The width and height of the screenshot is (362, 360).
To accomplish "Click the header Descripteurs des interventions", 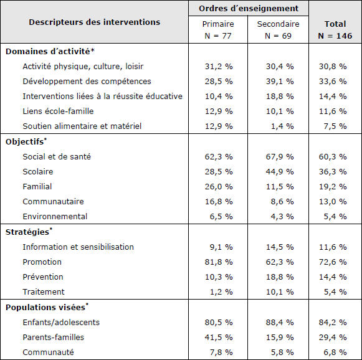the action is point(95,22).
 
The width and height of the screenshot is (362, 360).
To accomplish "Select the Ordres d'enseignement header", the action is point(249,9).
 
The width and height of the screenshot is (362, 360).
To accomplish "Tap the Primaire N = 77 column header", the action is point(218,30).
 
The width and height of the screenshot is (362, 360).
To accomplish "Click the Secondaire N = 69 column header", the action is point(278,30).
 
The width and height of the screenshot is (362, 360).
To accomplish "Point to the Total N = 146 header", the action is point(335,30).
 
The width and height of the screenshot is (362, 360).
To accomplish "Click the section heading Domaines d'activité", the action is point(50,51).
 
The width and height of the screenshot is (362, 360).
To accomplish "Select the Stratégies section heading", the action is point(29,232).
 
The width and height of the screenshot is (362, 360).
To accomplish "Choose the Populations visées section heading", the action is point(47,307).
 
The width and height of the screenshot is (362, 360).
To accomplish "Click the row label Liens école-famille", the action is point(58,111).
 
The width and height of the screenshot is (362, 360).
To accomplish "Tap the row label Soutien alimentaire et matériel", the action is point(82,126).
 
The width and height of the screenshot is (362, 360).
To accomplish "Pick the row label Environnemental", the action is point(55,217).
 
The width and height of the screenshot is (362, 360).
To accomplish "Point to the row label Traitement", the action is point(44,292).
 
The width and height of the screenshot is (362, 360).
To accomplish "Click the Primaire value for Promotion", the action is point(219,262).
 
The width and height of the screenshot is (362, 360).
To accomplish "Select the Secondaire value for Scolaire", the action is point(280,172).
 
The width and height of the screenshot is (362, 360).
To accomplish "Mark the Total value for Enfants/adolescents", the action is point(333,322).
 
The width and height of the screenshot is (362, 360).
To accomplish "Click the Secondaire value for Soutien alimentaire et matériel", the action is point(282,126).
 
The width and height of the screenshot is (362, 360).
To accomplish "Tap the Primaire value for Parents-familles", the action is point(219,337).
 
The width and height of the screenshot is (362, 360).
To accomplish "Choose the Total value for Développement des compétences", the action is point(333,81).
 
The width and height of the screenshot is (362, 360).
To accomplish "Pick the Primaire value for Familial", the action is point(219,186).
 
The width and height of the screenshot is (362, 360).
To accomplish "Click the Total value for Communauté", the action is point(335,352).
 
